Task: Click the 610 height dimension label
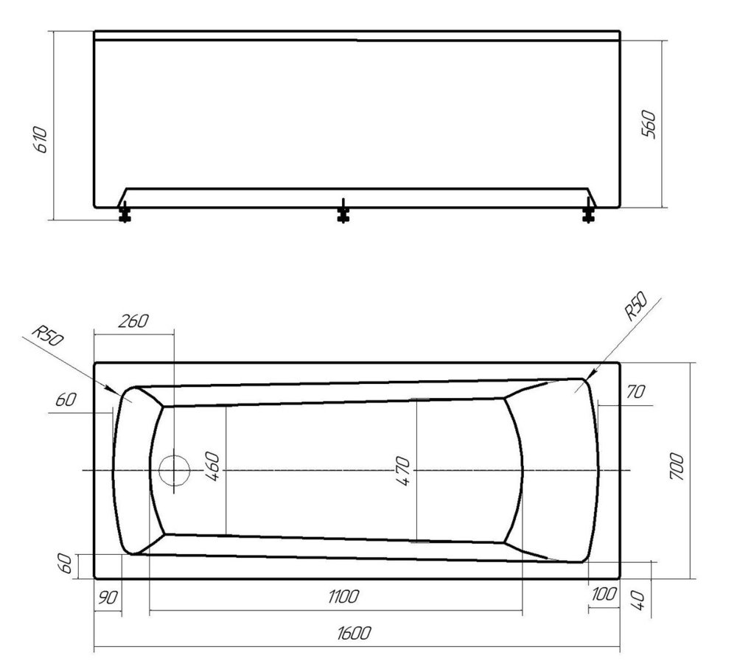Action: tap(41, 139)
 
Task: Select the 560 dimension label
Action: tap(649, 124)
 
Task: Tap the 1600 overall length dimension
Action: tap(354, 633)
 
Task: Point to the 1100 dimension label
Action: tap(343, 596)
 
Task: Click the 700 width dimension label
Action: tap(677, 466)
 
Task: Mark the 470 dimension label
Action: tap(403, 471)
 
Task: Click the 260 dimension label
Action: tap(133, 321)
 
